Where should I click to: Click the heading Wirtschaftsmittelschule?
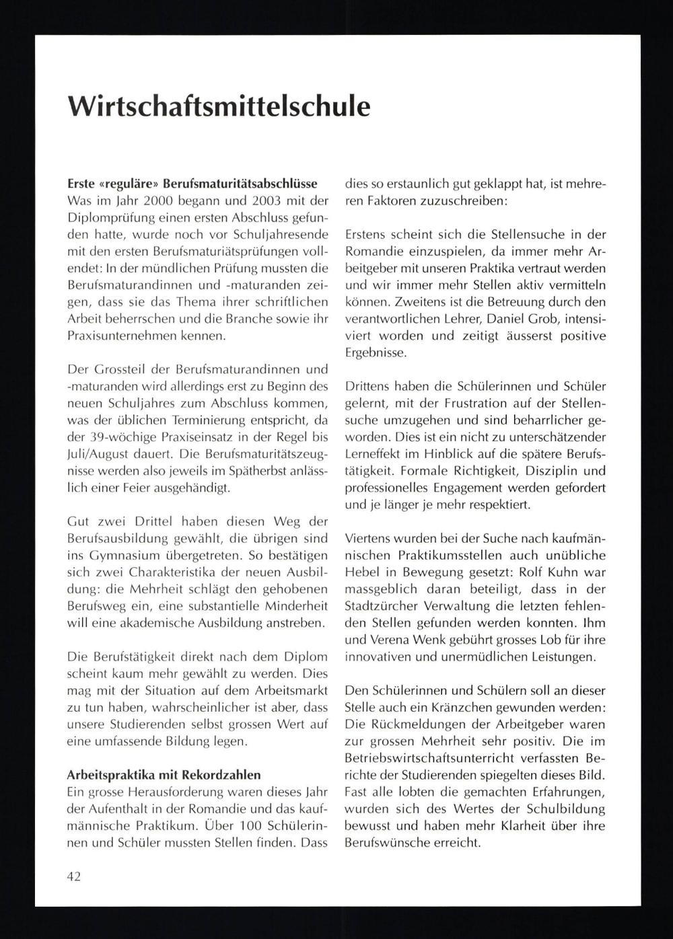tap(219, 106)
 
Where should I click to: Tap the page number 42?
tap(74, 876)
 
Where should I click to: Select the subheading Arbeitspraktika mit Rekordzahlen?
tap(164, 775)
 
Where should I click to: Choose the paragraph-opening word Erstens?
tap(367, 235)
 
